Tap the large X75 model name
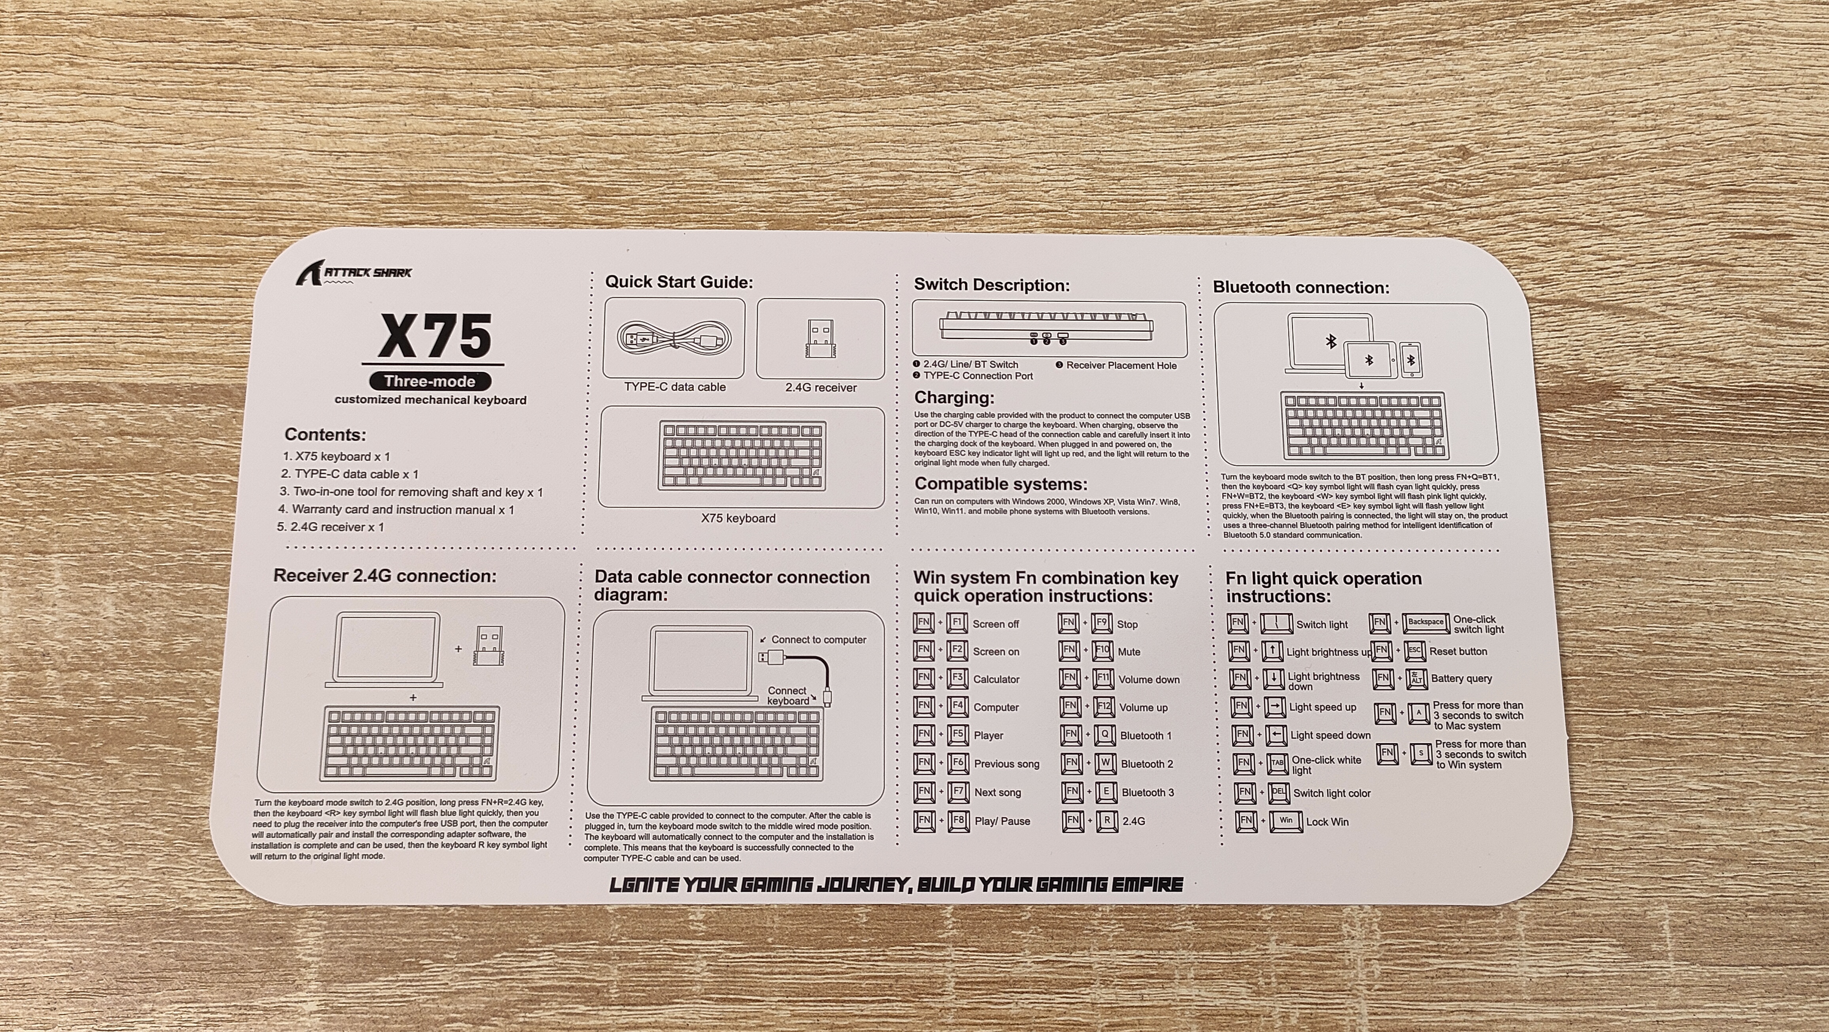coord(435,336)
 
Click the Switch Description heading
coord(991,285)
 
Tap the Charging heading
coord(954,398)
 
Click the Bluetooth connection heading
coord(1301,288)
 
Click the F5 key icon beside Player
coord(958,735)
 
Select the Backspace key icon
coord(1426,623)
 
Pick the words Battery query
coord(1461,678)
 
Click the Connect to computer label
coord(819,640)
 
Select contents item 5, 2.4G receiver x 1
coord(330,527)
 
